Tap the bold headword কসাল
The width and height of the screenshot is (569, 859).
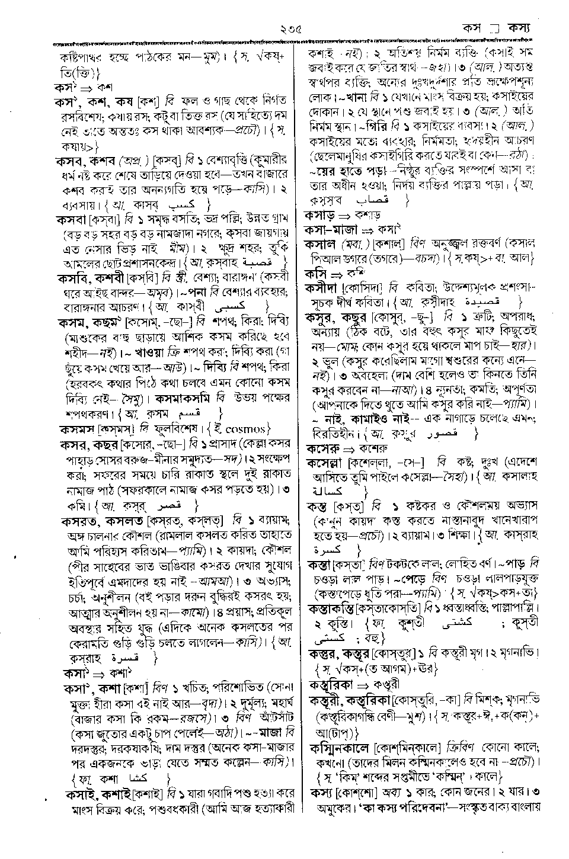(321, 244)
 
